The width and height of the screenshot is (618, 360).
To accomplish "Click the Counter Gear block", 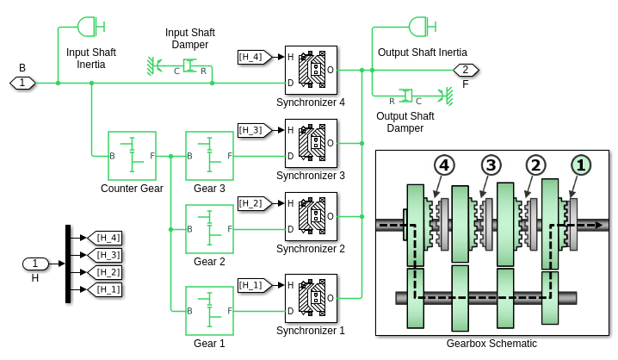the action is [x=132, y=156].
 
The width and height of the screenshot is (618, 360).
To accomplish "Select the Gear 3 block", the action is [x=209, y=156].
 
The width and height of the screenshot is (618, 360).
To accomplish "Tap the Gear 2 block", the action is [x=209, y=229].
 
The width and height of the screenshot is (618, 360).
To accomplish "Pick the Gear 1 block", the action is [x=209, y=311].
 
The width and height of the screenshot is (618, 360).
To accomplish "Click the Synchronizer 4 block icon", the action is [x=311, y=70].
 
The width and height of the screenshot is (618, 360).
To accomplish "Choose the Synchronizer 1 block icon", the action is [x=311, y=298].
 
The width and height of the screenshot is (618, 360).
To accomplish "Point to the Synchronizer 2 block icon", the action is [x=311, y=216].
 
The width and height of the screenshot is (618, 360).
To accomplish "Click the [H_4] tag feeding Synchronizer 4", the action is [x=255, y=57].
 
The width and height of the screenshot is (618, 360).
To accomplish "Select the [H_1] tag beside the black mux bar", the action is [x=104, y=289].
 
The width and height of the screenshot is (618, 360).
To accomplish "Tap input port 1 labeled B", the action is [x=22, y=83].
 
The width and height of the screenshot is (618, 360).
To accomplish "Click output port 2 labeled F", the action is [x=466, y=70].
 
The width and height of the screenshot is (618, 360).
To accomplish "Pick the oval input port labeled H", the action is [x=35, y=264].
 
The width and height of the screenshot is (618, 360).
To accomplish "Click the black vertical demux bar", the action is [x=68, y=264].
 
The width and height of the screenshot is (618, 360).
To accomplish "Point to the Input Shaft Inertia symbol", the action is [x=90, y=27].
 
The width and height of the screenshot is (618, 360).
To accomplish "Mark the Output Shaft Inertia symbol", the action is [x=423, y=27].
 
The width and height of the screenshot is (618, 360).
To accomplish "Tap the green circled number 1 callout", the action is [x=581, y=165].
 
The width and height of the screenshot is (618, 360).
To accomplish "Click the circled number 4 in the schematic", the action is [x=444, y=165].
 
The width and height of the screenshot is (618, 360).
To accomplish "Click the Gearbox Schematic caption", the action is [x=491, y=344].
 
